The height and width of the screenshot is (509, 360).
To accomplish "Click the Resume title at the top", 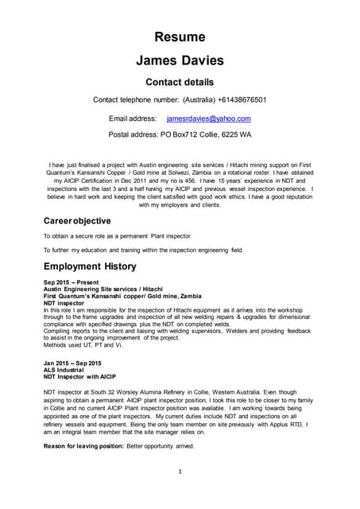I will (180, 37).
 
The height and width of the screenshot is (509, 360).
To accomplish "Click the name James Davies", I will (180, 60).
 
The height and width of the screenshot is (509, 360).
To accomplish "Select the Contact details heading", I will (180, 82).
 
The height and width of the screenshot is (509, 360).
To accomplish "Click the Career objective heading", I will (76, 220).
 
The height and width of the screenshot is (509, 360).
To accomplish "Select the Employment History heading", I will (90, 266).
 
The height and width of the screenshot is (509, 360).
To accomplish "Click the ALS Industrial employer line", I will (64, 370).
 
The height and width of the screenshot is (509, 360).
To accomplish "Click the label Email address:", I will (133, 119).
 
